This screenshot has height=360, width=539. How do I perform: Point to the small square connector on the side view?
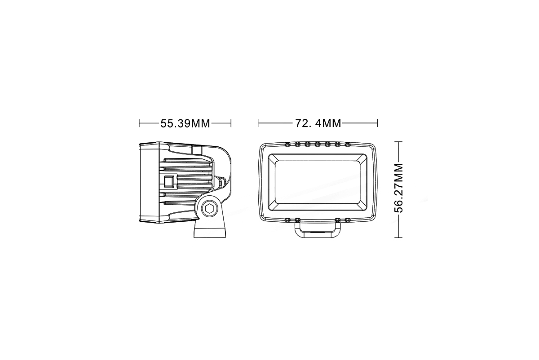point(169,182)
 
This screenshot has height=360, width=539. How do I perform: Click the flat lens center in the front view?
point(318,182)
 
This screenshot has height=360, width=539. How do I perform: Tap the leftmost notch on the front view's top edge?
point(287,144)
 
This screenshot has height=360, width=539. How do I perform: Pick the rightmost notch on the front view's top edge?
point(348,144)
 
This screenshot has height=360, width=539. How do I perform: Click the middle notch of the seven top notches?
point(318,144)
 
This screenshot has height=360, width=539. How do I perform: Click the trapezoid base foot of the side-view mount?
point(210,231)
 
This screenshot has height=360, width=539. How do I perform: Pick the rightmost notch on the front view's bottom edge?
point(348,220)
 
